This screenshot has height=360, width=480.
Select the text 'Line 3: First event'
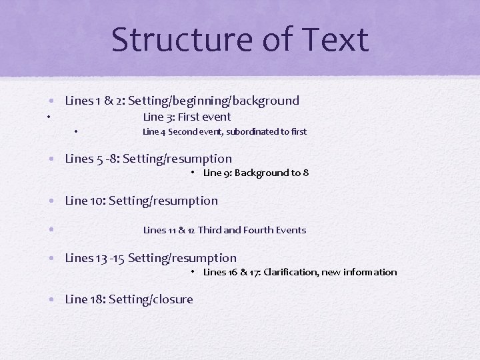187,117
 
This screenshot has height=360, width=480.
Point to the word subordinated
249,131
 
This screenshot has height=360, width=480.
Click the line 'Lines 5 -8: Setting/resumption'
148,159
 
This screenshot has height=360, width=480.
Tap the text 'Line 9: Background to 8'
255,173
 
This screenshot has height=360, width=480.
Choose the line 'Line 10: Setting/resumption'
141,201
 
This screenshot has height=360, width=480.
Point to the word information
371,272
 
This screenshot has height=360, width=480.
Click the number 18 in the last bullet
96,299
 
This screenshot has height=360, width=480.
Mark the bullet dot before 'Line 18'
51,300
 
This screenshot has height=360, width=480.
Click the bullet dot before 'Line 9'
191,172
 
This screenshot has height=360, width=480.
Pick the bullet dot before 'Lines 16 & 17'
191,271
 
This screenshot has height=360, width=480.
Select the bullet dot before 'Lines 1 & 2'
51,101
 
